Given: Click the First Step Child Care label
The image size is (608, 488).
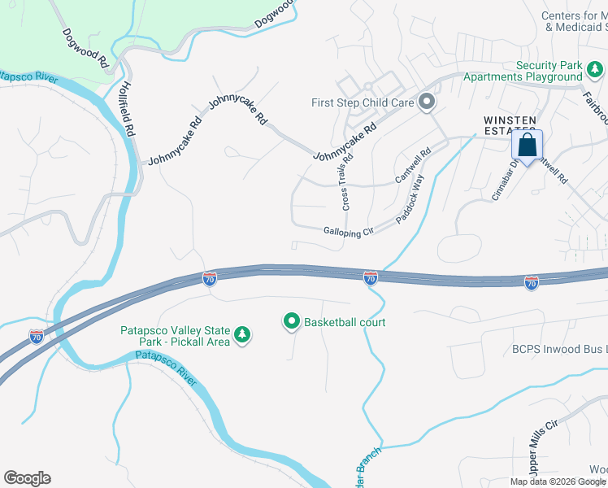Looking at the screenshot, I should [x=363, y=102].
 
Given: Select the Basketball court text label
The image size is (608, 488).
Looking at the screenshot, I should [x=345, y=322].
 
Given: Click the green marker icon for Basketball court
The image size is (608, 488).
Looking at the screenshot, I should [x=292, y=322].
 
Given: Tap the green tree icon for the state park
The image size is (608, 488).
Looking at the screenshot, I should [x=241, y=334].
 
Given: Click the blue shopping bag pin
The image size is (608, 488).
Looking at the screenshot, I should [x=527, y=146].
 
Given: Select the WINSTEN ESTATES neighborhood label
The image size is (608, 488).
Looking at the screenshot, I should [x=510, y=124].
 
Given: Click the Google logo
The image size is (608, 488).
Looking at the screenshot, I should [x=27, y=478].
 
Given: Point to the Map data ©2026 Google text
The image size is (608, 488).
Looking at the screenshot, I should [x=558, y=481].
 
